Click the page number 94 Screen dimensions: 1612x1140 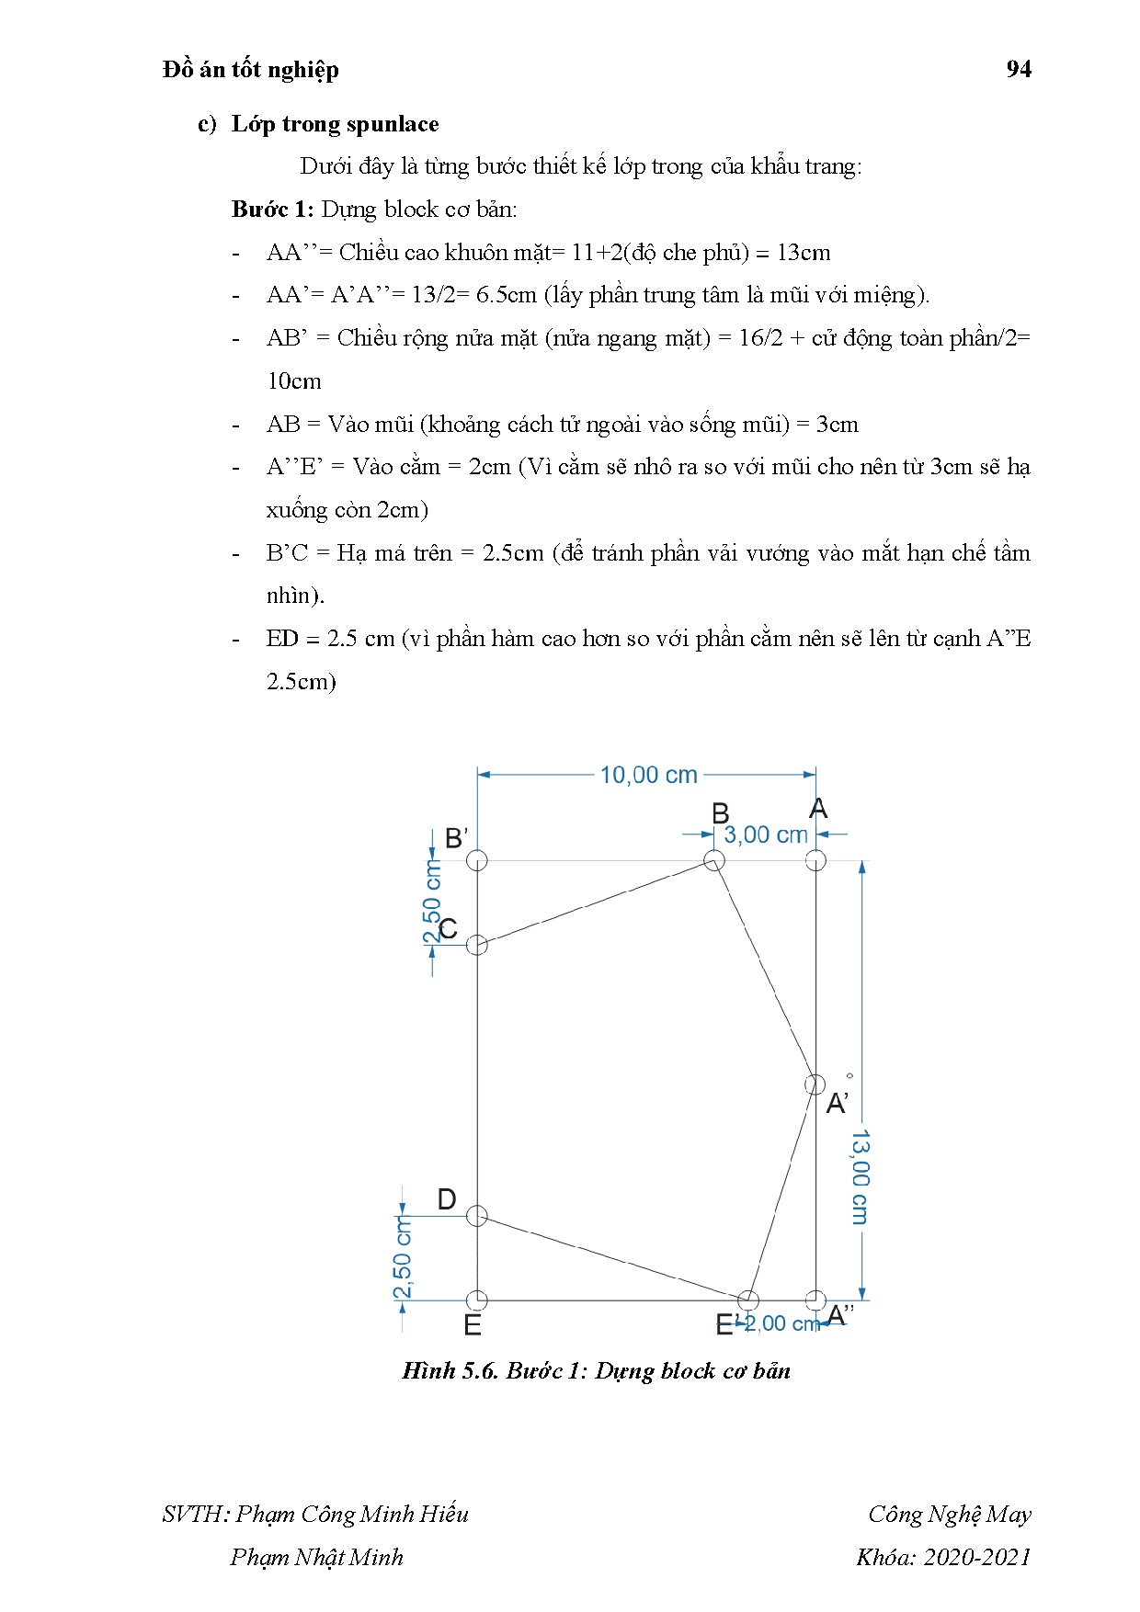1019,69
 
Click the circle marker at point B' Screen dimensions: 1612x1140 477,860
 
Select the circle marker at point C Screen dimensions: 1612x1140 477,945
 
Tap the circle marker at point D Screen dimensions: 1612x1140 476,1216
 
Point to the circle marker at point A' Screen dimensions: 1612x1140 815,1084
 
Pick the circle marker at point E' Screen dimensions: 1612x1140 748,1300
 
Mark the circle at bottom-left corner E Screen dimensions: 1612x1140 477,1300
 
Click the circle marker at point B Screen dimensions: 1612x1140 714,860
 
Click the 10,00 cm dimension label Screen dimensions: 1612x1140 648,775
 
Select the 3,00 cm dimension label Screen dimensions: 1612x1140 766,834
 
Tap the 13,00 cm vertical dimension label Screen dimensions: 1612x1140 860,1177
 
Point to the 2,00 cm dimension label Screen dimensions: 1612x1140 781,1323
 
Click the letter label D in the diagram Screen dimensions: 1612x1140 447,1199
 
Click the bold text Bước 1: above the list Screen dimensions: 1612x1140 272,210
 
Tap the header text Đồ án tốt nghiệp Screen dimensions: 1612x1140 251,70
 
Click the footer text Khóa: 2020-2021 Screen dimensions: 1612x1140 943,1557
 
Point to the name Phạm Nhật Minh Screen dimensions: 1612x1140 316,1557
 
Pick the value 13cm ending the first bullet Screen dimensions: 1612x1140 803,253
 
